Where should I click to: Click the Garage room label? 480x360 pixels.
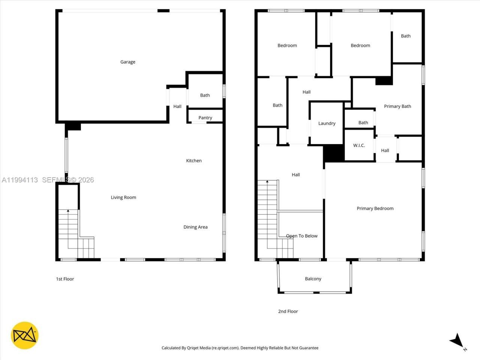[x=127, y=62]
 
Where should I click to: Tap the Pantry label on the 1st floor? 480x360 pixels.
[x=205, y=118]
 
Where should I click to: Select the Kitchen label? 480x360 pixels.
[x=194, y=160]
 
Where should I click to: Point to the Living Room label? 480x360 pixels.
[x=123, y=197]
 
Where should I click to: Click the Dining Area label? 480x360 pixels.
[x=195, y=227]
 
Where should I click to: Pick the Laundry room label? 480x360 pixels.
[x=327, y=123]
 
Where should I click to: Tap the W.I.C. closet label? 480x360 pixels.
[x=359, y=145]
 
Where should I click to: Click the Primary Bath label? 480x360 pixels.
[x=397, y=106]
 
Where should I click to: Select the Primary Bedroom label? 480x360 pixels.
[x=375, y=208]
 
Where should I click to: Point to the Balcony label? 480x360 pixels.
[x=313, y=279]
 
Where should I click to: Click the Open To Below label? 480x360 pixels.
[x=301, y=236]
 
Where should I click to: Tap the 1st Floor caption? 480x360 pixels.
[x=65, y=279]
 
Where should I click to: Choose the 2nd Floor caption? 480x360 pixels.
[x=288, y=311]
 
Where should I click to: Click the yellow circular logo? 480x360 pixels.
[x=25, y=335]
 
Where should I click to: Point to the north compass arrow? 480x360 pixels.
[x=456, y=340]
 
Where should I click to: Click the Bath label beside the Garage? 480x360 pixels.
[x=205, y=95]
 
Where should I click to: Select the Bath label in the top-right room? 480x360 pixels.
[x=406, y=36]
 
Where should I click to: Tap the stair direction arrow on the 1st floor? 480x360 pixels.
[x=68, y=211]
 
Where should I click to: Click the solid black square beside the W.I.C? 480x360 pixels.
[x=334, y=153]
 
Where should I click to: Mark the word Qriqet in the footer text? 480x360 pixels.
[x=193, y=348]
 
